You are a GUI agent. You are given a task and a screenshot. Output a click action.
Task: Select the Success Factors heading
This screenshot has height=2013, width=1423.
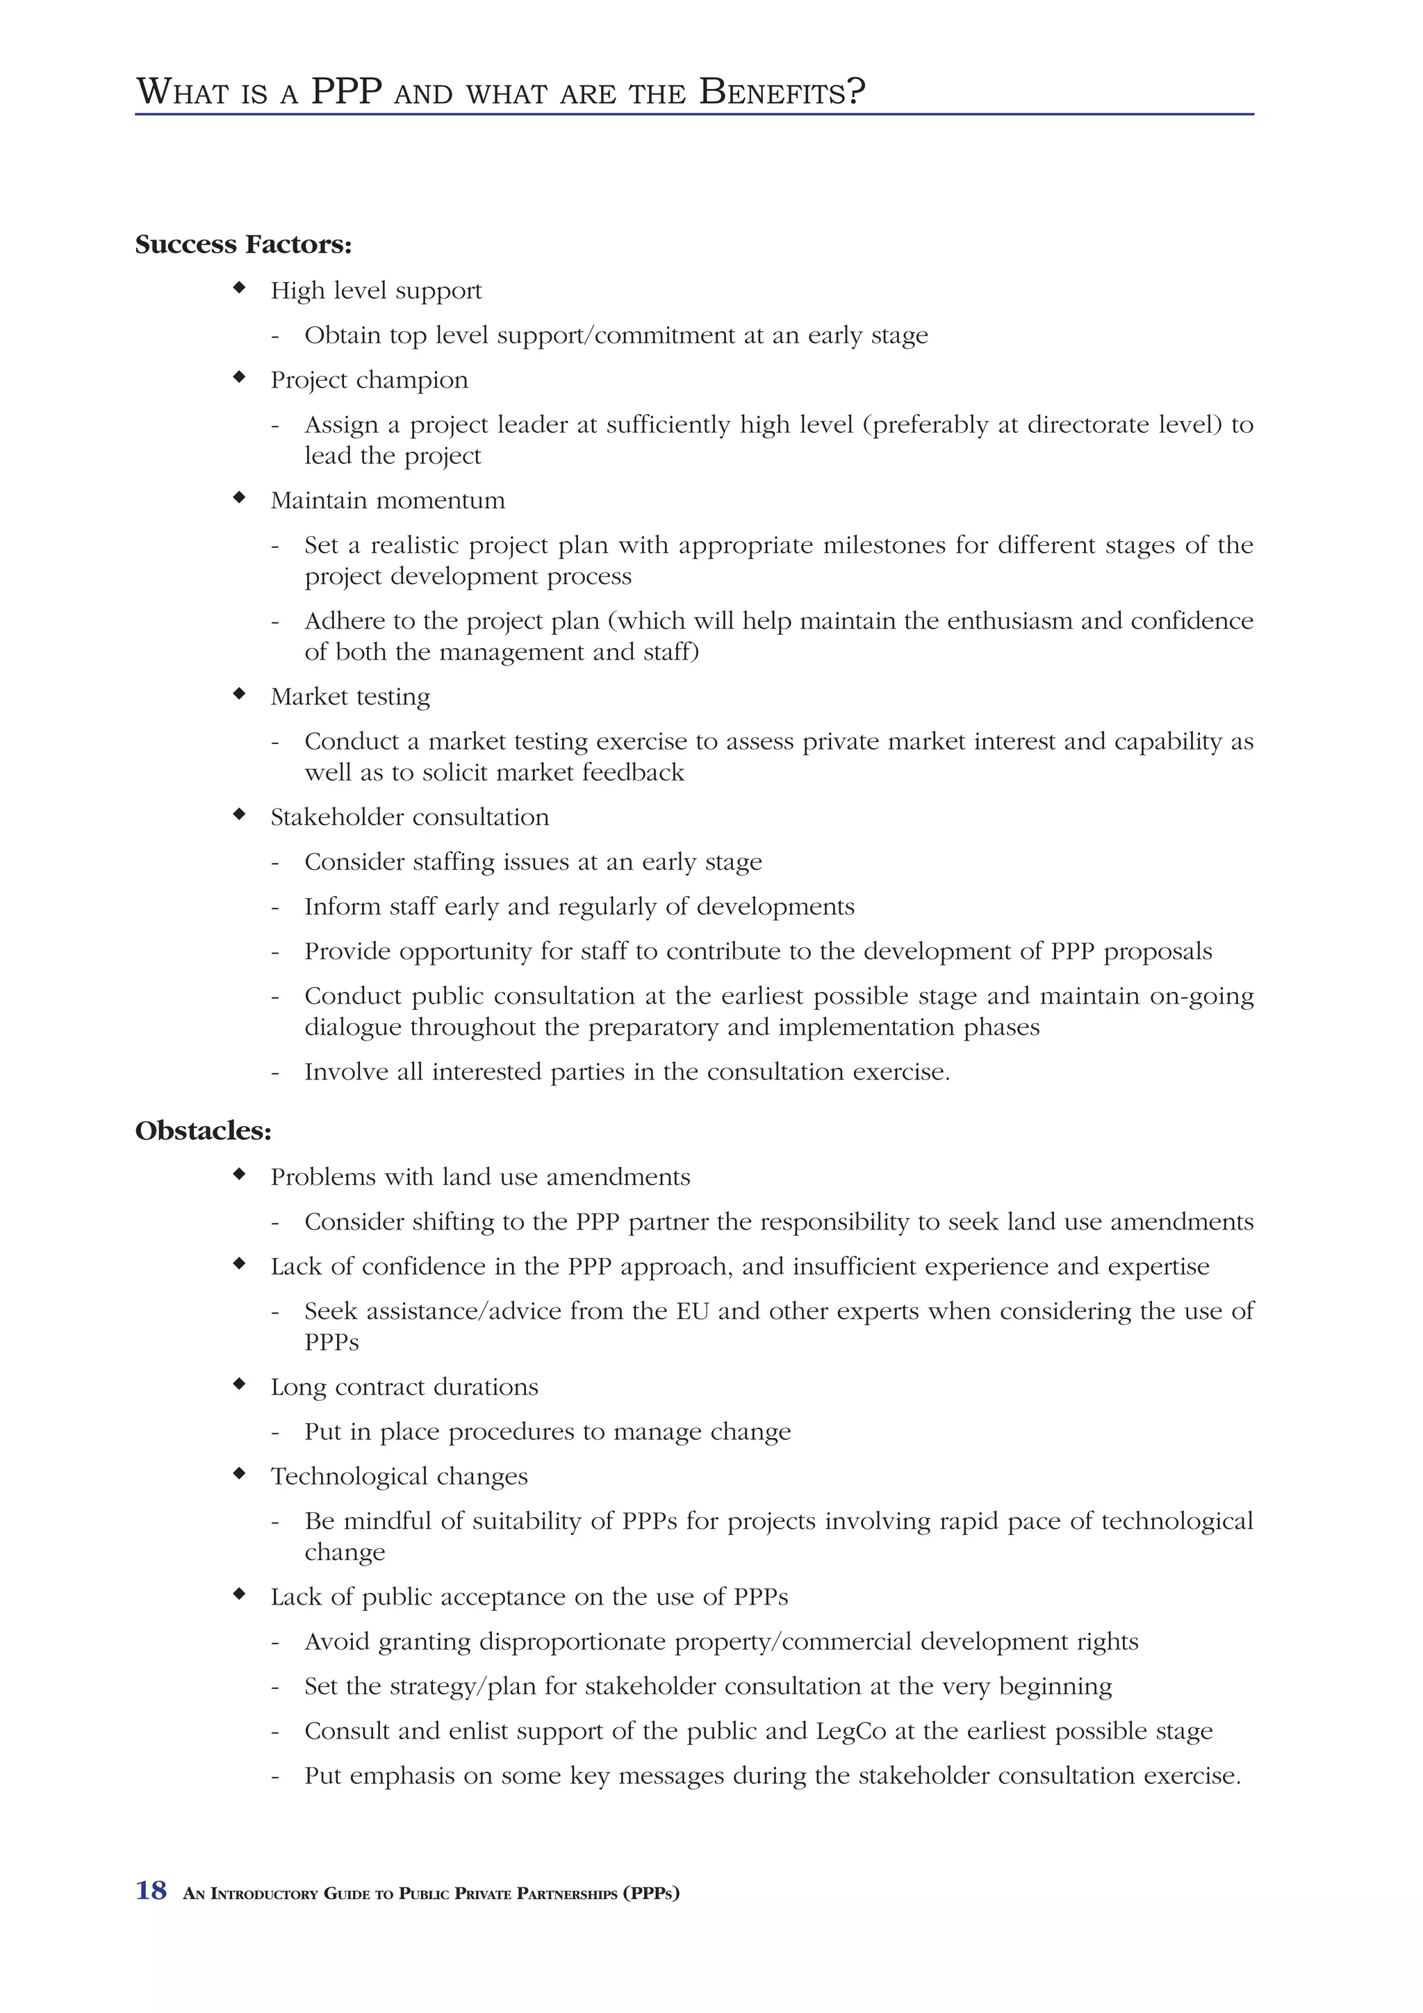coord(243,245)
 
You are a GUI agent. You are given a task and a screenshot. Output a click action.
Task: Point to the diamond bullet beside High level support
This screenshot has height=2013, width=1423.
coord(238,288)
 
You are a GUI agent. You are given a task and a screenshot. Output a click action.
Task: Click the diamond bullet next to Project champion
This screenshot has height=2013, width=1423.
coord(238,378)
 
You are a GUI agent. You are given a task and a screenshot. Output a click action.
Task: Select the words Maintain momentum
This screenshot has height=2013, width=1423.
coord(388,501)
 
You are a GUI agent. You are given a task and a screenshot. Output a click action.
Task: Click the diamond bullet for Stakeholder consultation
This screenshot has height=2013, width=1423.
coord(238,815)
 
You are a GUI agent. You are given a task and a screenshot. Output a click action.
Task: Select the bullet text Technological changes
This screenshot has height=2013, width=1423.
coord(399,1477)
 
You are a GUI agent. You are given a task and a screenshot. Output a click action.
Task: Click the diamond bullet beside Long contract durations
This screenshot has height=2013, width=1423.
coord(238,1384)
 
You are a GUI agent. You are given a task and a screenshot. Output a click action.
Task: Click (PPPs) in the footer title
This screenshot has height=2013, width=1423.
coord(650,1894)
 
